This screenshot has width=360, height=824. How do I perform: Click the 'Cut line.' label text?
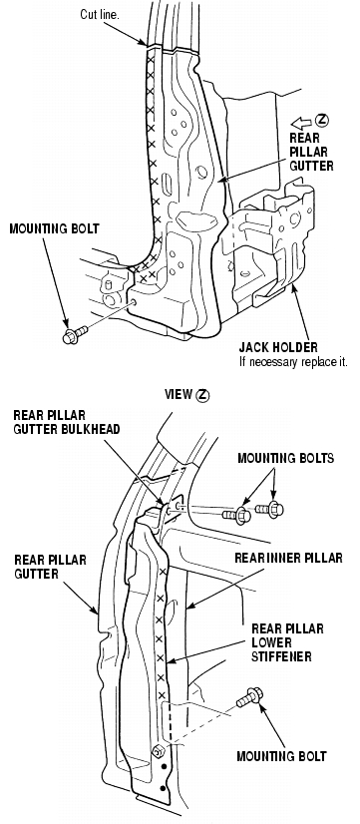100,14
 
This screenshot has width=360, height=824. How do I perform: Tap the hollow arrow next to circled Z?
301,123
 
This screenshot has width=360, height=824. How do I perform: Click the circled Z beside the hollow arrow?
322,121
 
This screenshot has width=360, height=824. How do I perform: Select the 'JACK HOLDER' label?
278,347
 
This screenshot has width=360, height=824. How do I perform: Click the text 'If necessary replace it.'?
293,361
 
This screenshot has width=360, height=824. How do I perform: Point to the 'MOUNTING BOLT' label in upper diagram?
54,228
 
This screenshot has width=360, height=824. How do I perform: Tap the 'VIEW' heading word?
179,394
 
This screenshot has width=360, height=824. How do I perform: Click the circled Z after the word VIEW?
202,395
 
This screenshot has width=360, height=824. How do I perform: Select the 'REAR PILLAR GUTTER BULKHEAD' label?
66,422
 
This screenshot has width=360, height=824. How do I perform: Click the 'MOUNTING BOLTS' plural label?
285,458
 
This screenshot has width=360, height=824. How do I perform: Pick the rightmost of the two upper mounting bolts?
269,509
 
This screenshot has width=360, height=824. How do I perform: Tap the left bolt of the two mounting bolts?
237,515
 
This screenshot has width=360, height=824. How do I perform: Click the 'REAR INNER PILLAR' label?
288,558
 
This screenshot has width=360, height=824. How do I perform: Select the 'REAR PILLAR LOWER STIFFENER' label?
287,642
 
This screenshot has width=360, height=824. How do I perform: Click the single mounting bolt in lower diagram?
249,697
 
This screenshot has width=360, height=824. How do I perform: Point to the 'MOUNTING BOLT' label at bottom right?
281,756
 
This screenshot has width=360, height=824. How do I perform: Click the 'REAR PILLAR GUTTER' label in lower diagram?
50,567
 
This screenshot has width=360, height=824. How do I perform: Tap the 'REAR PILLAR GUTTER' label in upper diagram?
312,152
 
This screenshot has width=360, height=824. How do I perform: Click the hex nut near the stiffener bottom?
157,751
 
